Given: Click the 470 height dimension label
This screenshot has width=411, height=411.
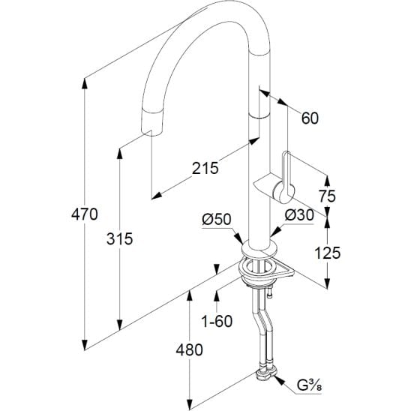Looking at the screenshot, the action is (x=85, y=214).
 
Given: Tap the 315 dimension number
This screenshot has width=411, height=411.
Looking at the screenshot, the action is (x=119, y=238).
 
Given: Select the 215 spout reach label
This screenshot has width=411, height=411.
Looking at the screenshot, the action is (x=205, y=168).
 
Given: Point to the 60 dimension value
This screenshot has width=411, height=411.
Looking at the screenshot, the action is (x=310, y=118).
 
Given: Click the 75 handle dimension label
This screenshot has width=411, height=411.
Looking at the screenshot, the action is (x=327, y=196).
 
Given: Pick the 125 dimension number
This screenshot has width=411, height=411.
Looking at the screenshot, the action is (x=328, y=253).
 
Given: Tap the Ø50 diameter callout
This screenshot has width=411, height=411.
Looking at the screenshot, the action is (x=217, y=219).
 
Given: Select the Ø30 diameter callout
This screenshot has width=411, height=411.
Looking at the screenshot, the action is (x=299, y=215).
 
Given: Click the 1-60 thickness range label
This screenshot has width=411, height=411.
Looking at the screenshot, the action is (x=217, y=321).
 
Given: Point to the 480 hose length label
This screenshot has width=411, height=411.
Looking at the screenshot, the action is (x=189, y=349).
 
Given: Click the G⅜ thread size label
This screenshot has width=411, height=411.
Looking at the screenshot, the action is (x=310, y=385).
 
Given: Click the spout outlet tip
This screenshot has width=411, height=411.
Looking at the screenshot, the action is (x=151, y=130).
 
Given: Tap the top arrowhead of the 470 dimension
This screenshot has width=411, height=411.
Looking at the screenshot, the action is (x=85, y=84).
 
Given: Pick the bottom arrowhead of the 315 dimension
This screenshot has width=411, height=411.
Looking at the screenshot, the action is (x=119, y=325).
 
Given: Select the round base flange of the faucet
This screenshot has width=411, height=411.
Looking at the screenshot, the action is (x=259, y=250).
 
